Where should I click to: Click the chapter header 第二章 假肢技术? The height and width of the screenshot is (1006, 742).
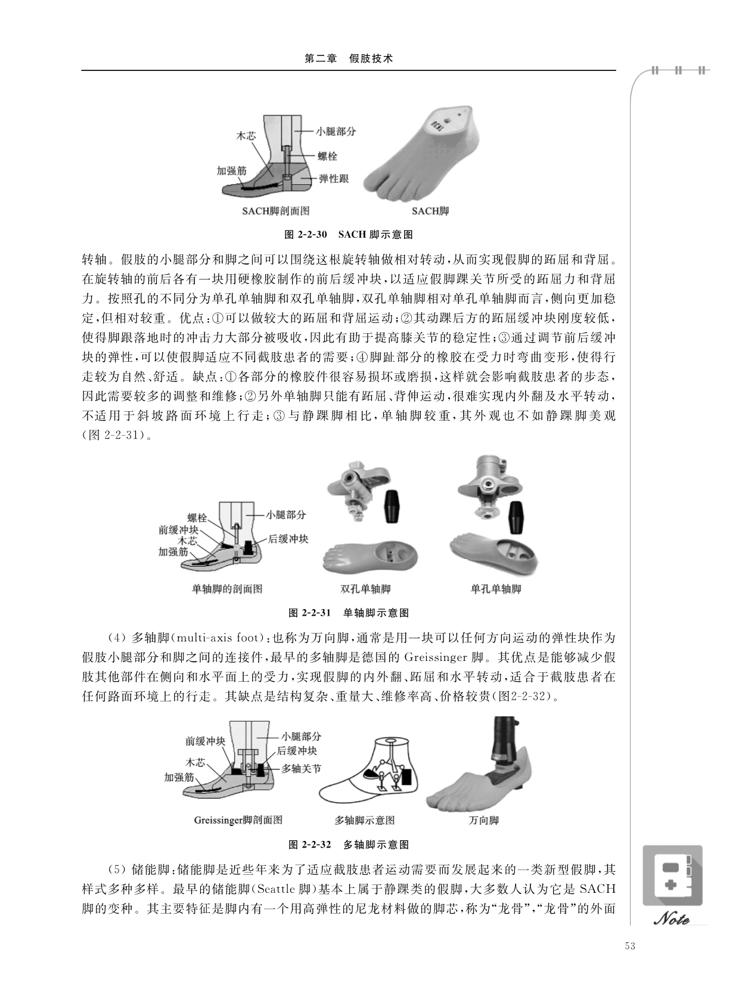pos(348,59)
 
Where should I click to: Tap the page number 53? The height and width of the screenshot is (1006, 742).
pos(630,946)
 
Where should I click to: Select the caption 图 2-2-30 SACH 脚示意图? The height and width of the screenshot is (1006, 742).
pos(349,234)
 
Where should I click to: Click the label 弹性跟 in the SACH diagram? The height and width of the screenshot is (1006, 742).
pos(334,179)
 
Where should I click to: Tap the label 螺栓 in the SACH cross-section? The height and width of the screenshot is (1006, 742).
pos(327,156)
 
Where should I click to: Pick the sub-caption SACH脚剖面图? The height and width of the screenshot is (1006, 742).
pos(275,211)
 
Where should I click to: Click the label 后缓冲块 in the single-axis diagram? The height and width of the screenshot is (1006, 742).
pos(288,539)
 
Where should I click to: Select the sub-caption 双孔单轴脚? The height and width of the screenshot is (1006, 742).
pos(365,589)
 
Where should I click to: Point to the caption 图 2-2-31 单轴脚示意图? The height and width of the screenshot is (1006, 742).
pos(349,613)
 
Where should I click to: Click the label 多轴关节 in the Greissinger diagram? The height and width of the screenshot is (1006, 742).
pos(301,768)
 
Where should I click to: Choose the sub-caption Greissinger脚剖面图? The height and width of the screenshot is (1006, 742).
pos(238,821)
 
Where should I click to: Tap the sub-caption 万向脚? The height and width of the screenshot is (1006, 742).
pos(484,821)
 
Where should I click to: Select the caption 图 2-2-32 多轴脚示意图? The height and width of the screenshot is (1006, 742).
pos(349,844)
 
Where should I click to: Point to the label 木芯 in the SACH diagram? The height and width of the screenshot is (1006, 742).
pos(246,135)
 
